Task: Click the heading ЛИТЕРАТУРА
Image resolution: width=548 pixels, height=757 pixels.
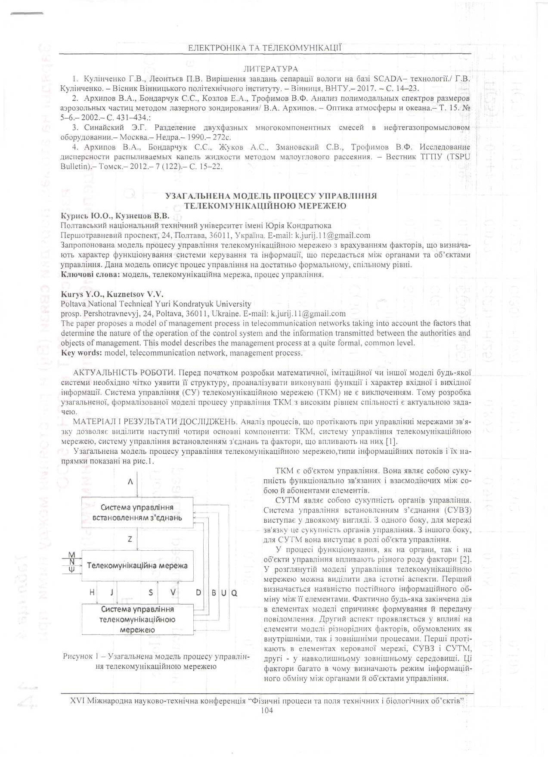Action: (x=271, y=69)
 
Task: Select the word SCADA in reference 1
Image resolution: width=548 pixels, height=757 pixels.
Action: (x=387, y=79)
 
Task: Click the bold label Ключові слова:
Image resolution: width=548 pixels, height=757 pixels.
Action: (x=90, y=274)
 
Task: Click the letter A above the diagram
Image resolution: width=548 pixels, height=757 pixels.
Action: (x=130, y=482)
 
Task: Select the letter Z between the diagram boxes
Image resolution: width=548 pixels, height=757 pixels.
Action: (x=130, y=539)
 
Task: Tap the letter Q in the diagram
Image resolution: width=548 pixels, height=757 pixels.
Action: (x=235, y=593)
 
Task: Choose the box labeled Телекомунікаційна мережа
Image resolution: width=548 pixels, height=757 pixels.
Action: (x=137, y=565)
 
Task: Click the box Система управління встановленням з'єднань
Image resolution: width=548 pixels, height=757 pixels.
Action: (x=137, y=512)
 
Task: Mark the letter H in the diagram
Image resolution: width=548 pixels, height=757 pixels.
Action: (x=92, y=593)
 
